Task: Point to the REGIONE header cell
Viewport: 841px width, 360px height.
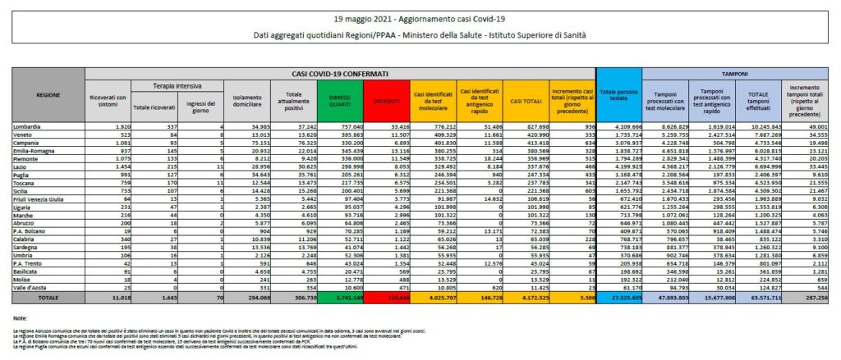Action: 48,96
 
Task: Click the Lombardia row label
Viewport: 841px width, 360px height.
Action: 30,128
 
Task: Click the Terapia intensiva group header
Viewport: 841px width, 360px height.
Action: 171,85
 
